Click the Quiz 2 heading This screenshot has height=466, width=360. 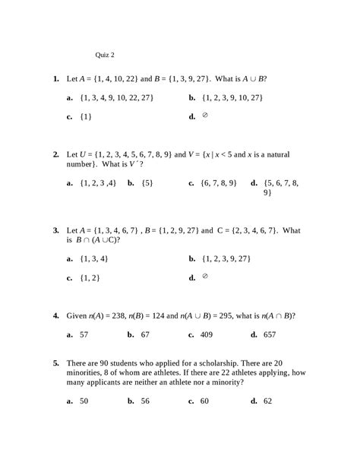coord(105,55)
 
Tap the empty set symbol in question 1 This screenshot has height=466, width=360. coord(205,116)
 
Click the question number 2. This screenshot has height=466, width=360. coord(56,154)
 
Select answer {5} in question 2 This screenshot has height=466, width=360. coord(147,183)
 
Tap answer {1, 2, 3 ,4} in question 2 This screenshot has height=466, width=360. coord(98,183)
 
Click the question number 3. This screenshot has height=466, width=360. coord(56,230)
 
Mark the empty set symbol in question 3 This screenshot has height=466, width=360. coord(205,277)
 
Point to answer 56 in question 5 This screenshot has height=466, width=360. coord(145,401)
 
